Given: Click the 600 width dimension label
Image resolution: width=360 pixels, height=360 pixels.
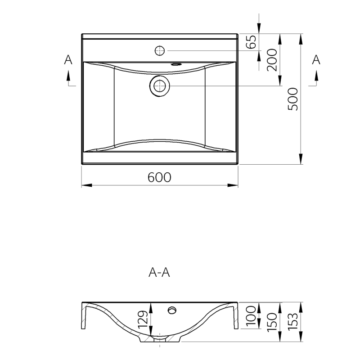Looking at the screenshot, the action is [x=159, y=177].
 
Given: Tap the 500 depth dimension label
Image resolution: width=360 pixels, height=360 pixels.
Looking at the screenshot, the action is [x=293, y=99].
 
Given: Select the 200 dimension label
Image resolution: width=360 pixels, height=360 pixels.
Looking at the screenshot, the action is [x=272, y=60].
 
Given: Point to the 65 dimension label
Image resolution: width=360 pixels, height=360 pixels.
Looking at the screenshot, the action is [x=251, y=42].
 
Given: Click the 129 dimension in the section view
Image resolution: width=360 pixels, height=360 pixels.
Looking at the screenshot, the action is [x=143, y=319].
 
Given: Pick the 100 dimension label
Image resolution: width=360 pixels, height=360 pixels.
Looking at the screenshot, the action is [x=251, y=316].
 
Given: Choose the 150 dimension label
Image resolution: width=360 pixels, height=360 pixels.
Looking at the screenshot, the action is [x=272, y=322].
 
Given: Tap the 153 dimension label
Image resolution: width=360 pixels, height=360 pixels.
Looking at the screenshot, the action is [x=293, y=322].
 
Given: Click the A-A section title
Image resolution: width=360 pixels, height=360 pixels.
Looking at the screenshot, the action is [x=159, y=273].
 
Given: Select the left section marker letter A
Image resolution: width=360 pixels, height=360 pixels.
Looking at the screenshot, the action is [x=68, y=60].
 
